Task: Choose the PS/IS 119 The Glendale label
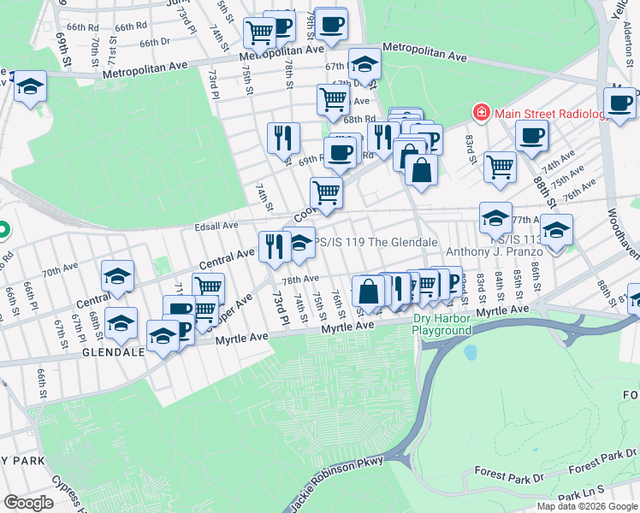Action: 376,242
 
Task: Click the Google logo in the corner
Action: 28,503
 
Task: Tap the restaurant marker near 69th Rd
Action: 283,137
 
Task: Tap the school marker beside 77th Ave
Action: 495,217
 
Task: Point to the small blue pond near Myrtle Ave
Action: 470,352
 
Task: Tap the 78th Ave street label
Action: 300,280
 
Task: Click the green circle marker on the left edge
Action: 3,229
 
